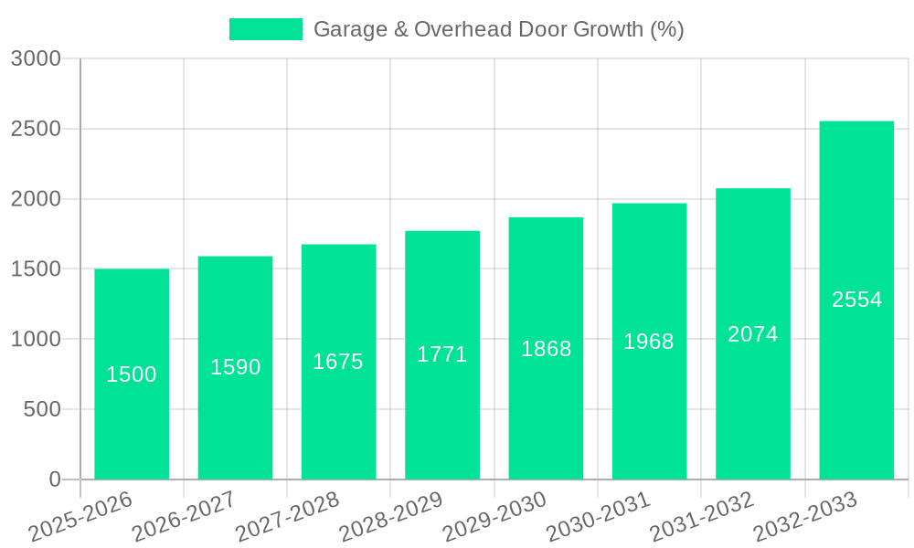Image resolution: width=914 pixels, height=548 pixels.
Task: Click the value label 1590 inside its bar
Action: click(x=236, y=367)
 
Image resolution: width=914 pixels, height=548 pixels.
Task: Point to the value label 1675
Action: click(x=338, y=362)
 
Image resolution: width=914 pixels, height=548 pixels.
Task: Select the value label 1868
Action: click(x=546, y=349)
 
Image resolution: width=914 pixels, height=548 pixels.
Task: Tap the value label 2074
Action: click(x=753, y=334)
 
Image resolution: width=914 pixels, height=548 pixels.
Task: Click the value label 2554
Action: click(x=856, y=300)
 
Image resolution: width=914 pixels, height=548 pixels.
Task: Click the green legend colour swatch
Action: click(x=265, y=29)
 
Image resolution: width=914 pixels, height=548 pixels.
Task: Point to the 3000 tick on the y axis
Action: click(x=36, y=58)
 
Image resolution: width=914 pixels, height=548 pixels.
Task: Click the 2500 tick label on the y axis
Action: click(x=36, y=129)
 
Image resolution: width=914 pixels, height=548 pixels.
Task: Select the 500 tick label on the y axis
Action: click(x=42, y=409)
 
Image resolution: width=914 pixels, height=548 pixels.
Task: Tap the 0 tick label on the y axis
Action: click(x=54, y=479)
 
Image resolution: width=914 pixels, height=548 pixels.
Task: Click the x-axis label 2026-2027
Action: click(x=184, y=517)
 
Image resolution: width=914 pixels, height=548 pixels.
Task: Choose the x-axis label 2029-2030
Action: click(x=494, y=517)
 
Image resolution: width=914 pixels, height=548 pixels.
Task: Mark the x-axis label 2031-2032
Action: click(x=701, y=517)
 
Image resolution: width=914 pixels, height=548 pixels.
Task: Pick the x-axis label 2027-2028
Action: click(x=287, y=517)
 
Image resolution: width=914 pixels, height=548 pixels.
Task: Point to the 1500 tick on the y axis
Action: click(x=36, y=269)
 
